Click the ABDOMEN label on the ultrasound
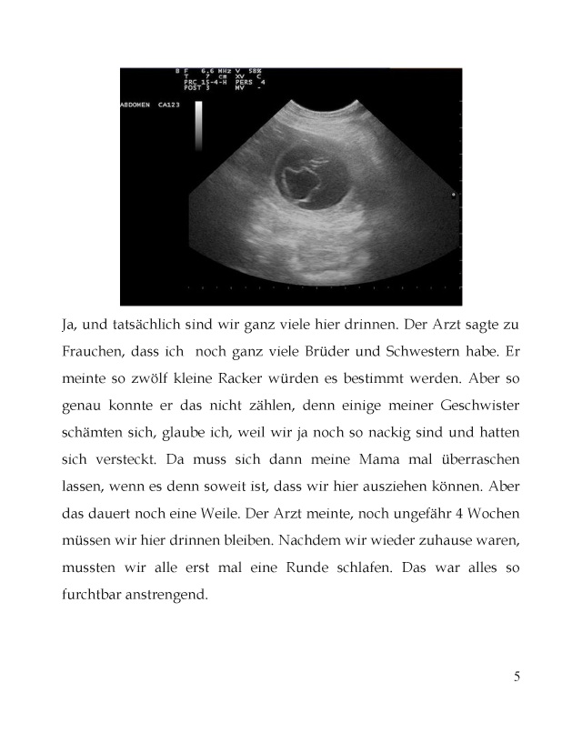point(136,105)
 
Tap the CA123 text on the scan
point(167,105)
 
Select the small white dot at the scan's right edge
point(453,195)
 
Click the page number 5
point(517,676)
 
